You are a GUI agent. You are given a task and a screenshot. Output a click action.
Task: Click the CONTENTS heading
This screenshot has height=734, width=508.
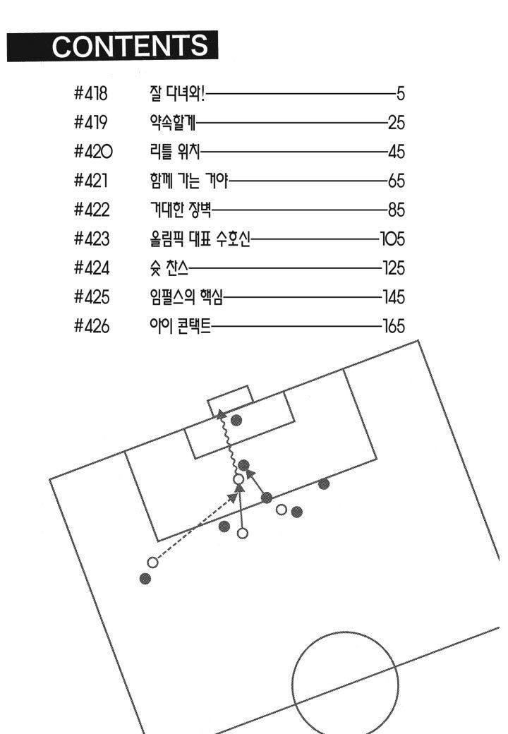(x=130, y=46)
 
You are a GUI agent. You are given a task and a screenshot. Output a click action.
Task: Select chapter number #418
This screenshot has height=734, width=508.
(x=90, y=94)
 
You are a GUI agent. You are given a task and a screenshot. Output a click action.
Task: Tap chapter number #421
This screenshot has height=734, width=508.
(x=90, y=181)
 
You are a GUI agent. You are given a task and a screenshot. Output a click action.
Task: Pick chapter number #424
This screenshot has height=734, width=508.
(x=92, y=267)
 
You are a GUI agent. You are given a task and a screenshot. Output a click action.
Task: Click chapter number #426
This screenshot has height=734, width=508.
(x=92, y=326)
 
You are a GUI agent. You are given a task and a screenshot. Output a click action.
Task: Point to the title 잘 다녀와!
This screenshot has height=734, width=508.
(x=177, y=94)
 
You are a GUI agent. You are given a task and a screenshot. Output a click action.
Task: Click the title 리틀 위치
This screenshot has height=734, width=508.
(x=175, y=152)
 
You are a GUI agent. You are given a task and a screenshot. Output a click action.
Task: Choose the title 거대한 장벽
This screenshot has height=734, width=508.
(x=181, y=210)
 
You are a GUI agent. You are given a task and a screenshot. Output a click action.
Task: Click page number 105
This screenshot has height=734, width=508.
(x=392, y=239)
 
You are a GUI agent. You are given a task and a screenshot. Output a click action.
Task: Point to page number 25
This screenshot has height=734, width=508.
(x=397, y=123)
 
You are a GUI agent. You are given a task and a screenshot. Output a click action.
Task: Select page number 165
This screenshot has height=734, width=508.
(x=394, y=326)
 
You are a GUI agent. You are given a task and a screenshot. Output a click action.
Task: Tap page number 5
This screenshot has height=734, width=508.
(x=401, y=94)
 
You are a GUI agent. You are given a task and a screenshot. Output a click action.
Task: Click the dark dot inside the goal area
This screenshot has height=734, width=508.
(x=236, y=420)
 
